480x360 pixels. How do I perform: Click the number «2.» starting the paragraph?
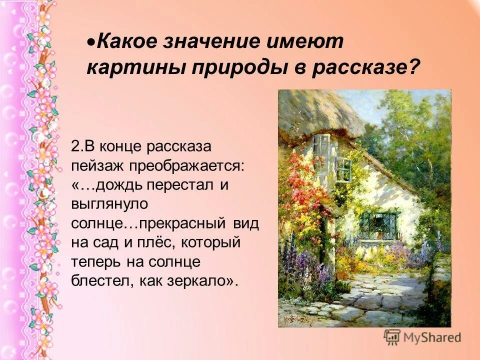pos(76,146)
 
